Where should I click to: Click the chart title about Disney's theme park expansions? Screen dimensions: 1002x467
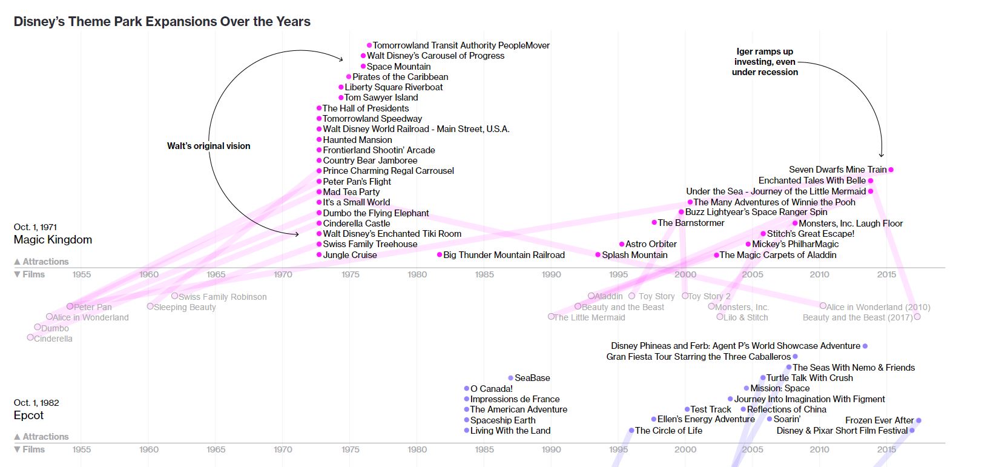(x=162, y=21)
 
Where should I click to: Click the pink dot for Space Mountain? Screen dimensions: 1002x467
(x=363, y=66)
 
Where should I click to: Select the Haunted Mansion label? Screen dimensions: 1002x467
(x=357, y=139)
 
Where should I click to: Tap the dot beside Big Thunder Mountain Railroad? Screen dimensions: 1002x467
(x=440, y=254)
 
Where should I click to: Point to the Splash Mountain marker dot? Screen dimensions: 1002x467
(x=598, y=254)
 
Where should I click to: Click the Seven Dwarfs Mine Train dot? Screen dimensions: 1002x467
(x=891, y=170)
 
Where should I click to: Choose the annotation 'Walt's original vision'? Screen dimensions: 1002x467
(x=208, y=146)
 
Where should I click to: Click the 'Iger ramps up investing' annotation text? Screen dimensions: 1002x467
(x=765, y=62)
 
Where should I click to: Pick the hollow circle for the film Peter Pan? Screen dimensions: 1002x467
(x=70, y=306)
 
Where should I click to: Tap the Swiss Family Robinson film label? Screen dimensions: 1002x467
(x=223, y=297)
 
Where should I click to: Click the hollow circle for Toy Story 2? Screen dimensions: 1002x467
(x=685, y=296)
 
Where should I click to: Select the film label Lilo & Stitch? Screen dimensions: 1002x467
(x=746, y=317)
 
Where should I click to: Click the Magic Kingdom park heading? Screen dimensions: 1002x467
(x=53, y=239)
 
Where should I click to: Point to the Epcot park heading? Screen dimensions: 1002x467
(x=28, y=415)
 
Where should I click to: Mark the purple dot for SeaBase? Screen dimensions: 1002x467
(x=511, y=378)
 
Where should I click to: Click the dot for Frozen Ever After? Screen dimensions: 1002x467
(x=918, y=420)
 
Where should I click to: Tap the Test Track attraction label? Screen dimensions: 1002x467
(x=711, y=409)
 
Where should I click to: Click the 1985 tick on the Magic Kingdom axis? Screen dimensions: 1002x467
(x=484, y=274)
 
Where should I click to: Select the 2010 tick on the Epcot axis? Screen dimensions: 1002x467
(x=820, y=449)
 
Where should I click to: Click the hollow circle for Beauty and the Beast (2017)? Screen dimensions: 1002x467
(x=917, y=317)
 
